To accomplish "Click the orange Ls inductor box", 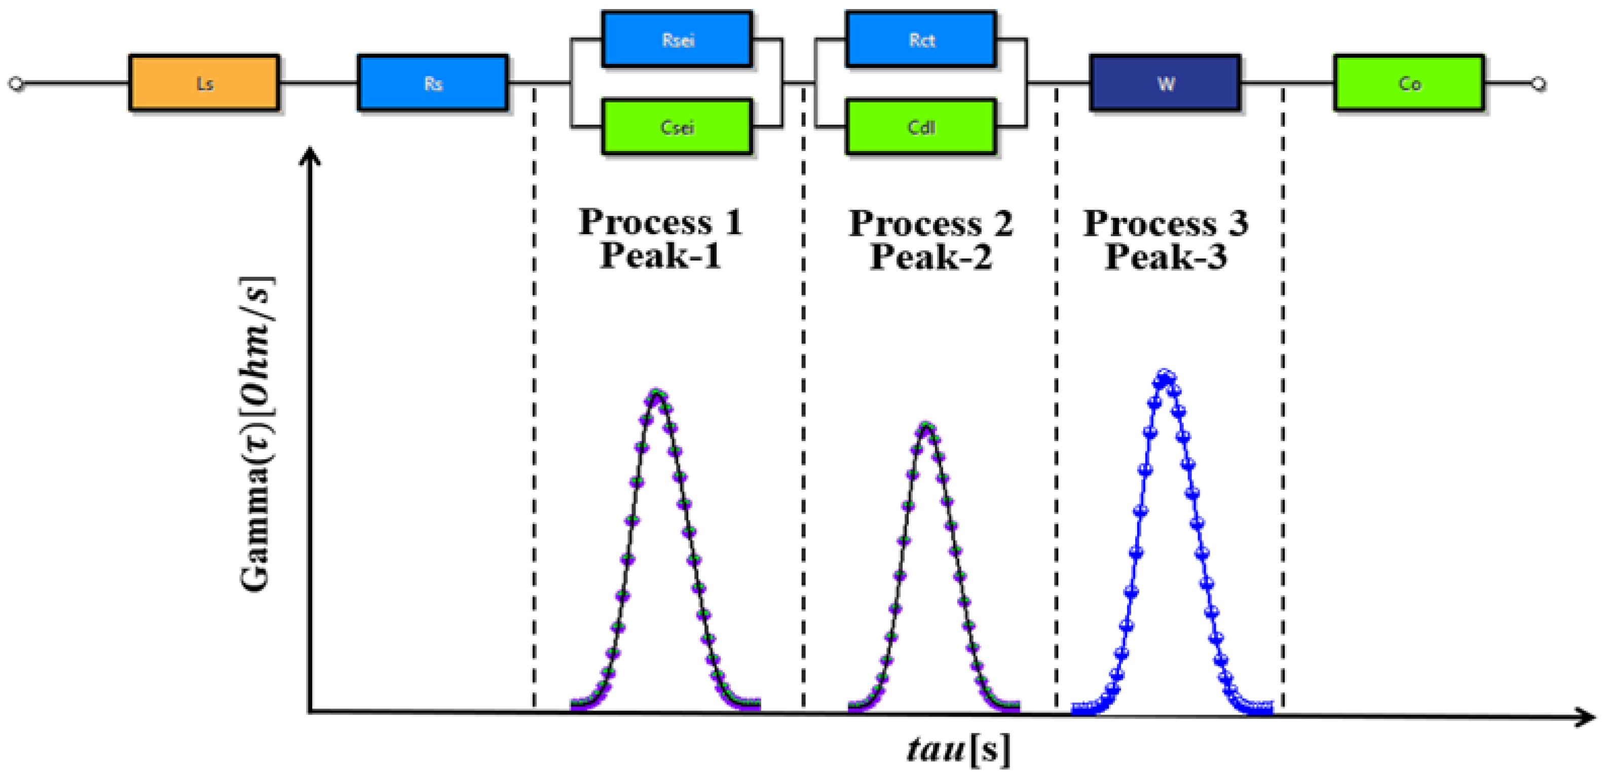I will point(204,83).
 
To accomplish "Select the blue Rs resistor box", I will point(432,83).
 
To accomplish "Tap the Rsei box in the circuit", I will point(677,40).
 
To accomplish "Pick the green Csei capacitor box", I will point(677,127).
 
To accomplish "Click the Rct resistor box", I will point(921,40).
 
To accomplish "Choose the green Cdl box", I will point(921,127).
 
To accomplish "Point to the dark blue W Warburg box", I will point(1165,83).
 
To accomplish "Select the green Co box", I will point(1409,83).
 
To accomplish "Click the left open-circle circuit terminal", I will point(17,84).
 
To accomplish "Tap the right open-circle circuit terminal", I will point(1539,84).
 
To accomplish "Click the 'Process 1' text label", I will point(661,222).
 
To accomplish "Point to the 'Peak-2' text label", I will point(931,256).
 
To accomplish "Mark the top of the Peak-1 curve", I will point(657,394).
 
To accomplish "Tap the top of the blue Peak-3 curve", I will point(1165,375).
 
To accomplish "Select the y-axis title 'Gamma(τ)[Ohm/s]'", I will point(256,434).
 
